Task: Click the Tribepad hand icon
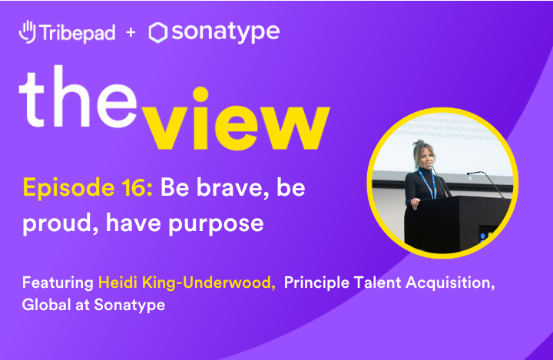pyautogui.click(x=28, y=32)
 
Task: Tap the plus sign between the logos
pyautogui.click(x=130, y=33)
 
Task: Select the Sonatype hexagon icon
pyautogui.click(x=158, y=32)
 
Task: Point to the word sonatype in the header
pyautogui.click(x=225, y=33)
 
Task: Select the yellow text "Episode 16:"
pyautogui.click(x=88, y=189)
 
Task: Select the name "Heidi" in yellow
pyautogui.click(x=118, y=283)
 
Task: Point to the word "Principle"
pyautogui.click(x=316, y=283)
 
